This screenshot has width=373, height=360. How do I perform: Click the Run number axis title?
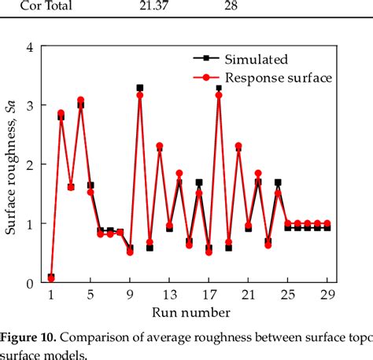click(x=189, y=313)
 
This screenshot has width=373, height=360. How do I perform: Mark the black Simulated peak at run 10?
click(x=140, y=88)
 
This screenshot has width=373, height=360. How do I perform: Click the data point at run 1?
click(x=51, y=277)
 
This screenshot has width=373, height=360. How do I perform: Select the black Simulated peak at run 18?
click(x=219, y=88)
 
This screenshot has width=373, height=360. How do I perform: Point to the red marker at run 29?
click(x=327, y=223)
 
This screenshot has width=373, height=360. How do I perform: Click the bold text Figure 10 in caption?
click(x=28, y=338)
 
